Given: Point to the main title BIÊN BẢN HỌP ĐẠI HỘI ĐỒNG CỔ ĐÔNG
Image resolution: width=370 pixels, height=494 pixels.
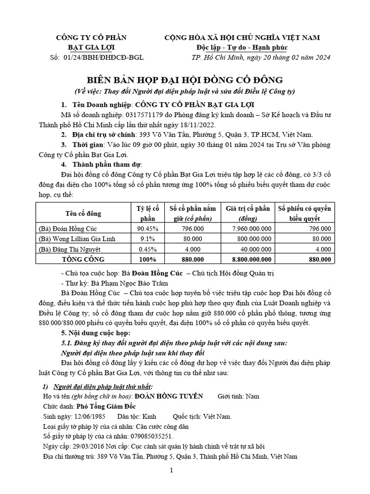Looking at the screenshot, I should [x=185, y=80].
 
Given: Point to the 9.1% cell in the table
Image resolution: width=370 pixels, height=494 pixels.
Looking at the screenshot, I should [x=147, y=239].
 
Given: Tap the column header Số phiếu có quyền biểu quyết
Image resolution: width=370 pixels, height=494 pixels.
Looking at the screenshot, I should [x=304, y=213].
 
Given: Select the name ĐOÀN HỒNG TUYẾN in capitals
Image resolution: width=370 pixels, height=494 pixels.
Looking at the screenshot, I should [x=169, y=396].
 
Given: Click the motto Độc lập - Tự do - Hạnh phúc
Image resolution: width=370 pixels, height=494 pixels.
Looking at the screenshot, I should [x=242, y=48].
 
